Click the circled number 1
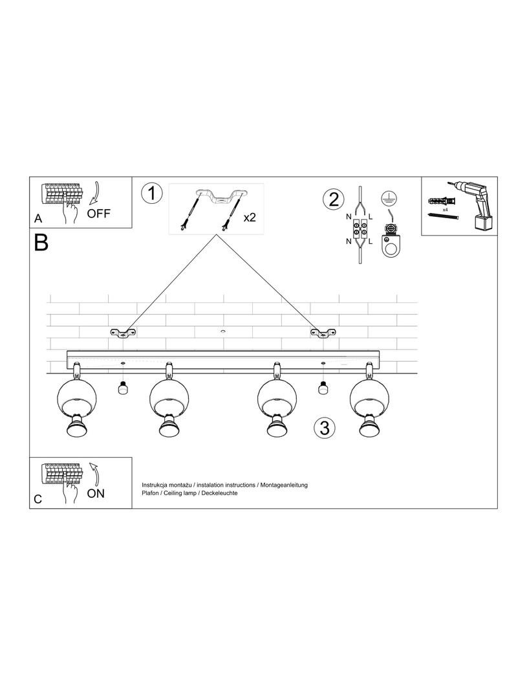click(x=151, y=193)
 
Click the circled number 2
click(x=333, y=198)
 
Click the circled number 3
click(x=325, y=427)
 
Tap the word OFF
click(x=99, y=214)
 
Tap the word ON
click(x=96, y=493)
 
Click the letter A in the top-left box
click(x=38, y=219)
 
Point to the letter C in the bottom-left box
click(x=38, y=499)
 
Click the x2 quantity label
click(x=250, y=217)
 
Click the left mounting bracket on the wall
click(x=123, y=333)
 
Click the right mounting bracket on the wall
click(x=323, y=333)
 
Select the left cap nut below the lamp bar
click(x=122, y=388)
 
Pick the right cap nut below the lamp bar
click(x=323, y=388)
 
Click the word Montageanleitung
click(x=285, y=485)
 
